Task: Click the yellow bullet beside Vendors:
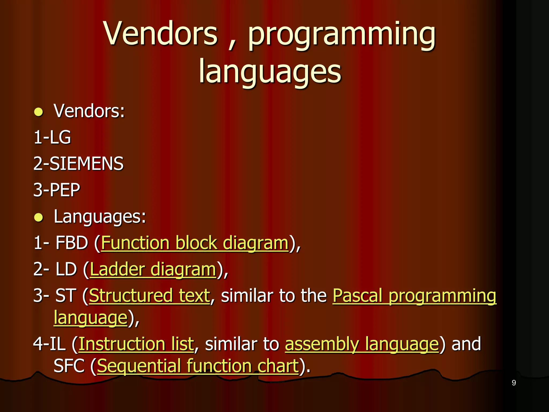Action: tap(39, 112)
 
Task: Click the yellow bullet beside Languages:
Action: tap(39, 218)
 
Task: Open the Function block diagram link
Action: tap(195, 243)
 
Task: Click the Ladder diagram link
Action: tap(153, 269)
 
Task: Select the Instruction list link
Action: tap(136, 344)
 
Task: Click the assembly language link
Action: tap(362, 344)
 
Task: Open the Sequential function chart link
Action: tap(198, 366)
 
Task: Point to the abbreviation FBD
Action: tap(72, 243)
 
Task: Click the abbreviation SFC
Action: tap(69, 366)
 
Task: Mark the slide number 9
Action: tap(514, 383)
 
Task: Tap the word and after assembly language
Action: tap(466, 344)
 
